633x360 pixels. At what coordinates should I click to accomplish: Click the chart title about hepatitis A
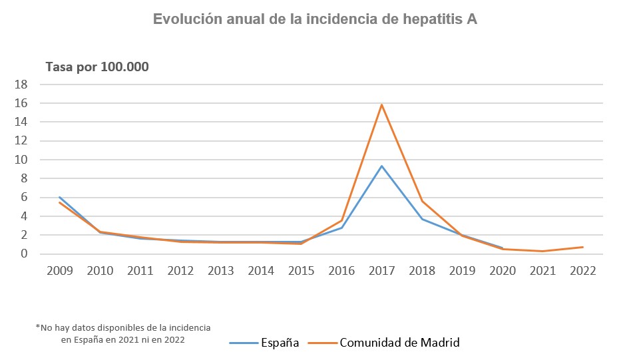pyautogui.click(x=315, y=19)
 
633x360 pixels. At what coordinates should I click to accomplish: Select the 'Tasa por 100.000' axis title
pyautogui.click(x=97, y=67)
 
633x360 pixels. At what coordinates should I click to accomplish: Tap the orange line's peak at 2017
pyautogui.click(x=381, y=104)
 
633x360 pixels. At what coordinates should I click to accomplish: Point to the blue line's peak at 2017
pyautogui.click(x=381, y=166)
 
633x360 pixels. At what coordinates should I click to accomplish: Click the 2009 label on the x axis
pyautogui.click(x=59, y=271)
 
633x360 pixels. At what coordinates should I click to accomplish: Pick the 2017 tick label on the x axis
pyautogui.click(x=381, y=271)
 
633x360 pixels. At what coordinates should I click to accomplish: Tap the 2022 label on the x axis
pyautogui.click(x=583, y=271)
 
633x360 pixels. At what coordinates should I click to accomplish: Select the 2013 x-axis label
pyautogui.click(x=220, y=271)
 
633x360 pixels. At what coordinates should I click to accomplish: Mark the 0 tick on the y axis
pyautogui.click(x=24, y=254)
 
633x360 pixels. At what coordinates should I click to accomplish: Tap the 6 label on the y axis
pyautogui.click(x=24, y=198)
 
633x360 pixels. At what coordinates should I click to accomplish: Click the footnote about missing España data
pyautogui.click(x=123, y=333)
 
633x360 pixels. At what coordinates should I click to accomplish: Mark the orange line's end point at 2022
pyautogui.click(x=583, y=247)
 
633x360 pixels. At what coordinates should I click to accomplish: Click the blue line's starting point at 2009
pyautogui.click(x=59, y=197)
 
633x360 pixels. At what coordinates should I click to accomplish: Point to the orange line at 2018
pyautogui.click(x=422, y=201)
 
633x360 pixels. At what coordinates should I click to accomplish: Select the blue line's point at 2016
pyautogui.click(x=341, y=228)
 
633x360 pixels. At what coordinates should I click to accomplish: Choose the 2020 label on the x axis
pyautogui.click(x=503, y=271)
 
